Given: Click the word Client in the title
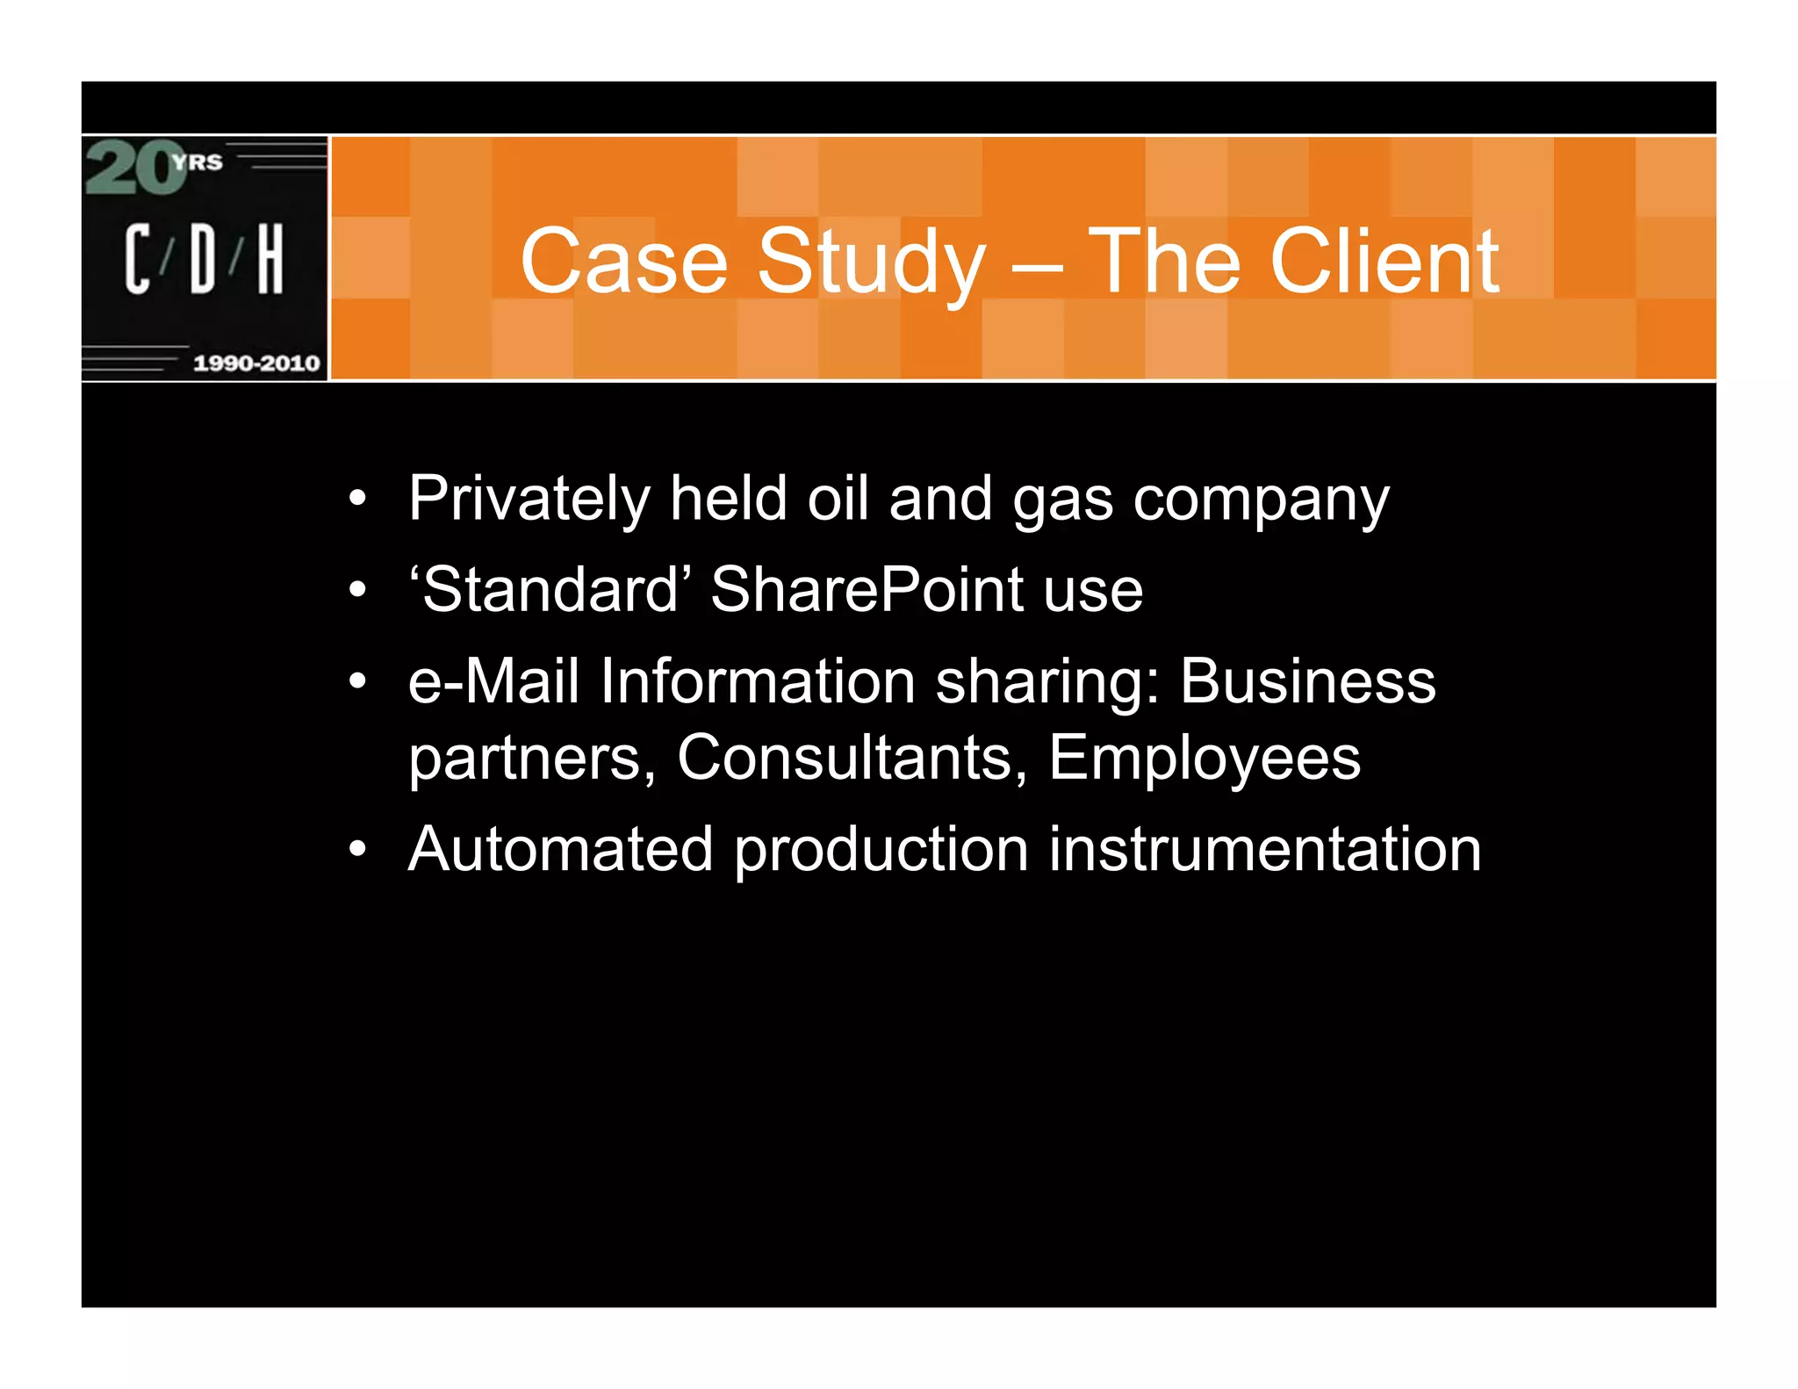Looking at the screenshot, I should (x=1384, y=261).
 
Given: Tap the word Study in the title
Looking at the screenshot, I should (x=871, y=261).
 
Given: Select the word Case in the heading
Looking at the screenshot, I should (x=624, y=261).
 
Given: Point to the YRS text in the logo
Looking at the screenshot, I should (x=198, y=162).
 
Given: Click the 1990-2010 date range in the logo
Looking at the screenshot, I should (x=256, y=363).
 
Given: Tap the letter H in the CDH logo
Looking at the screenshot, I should (x=270, y=258).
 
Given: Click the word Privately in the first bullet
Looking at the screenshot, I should (x=529, y=499).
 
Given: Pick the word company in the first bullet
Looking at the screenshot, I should (x=1261, y=499).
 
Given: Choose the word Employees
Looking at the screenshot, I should (x=1204, y=757).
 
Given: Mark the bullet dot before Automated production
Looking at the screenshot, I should (x=356, y=849).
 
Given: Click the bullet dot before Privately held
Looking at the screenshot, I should (x=356, y=500).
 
